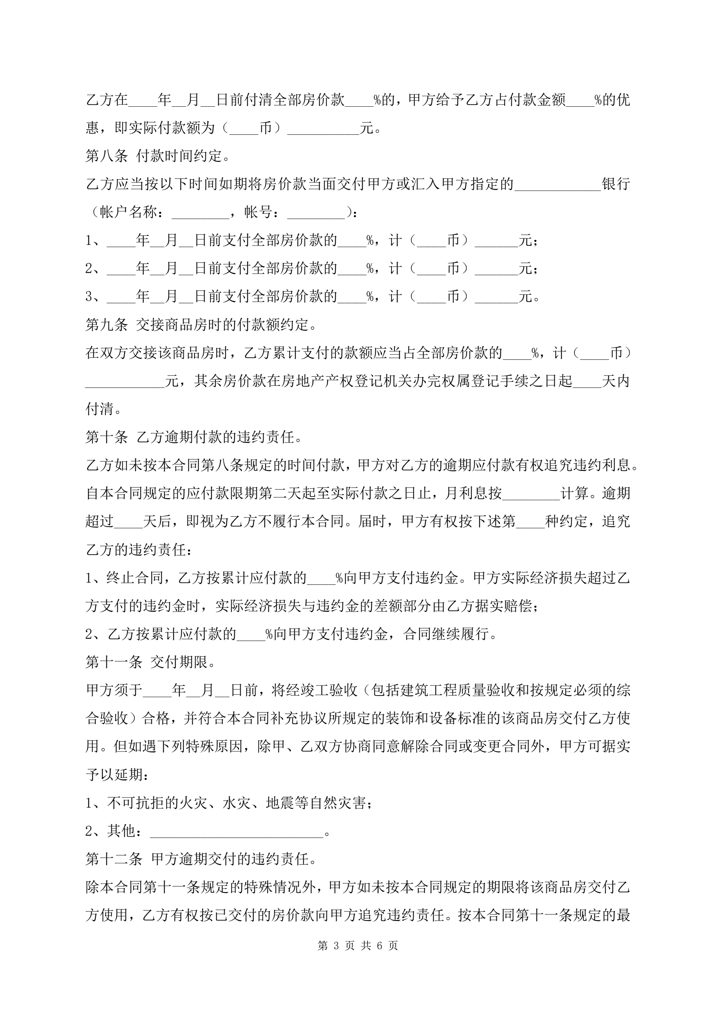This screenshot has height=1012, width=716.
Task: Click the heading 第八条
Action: [106, 156]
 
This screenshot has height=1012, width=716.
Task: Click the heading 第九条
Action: [106, 325]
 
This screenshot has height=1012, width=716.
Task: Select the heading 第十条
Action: [106, 437]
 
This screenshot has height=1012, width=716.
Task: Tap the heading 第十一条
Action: [114, 662]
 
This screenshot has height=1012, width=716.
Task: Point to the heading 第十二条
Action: [114, 859]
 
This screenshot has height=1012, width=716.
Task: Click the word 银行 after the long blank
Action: [616, 184]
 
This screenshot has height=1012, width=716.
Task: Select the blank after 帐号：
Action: [316, 213]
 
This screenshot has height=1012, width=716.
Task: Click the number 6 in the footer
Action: [379, 945]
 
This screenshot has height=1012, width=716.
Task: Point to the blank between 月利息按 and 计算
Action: [531, 494]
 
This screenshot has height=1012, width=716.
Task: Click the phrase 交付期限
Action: [178, 662]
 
